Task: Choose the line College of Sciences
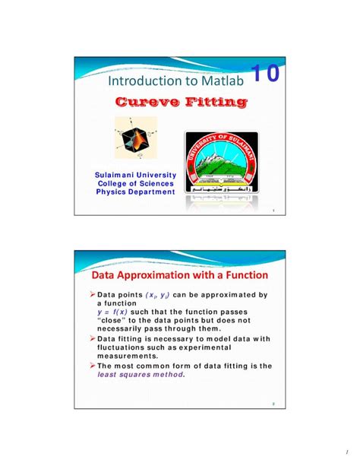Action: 136,184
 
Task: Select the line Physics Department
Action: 136,192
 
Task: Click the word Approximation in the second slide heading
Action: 166,274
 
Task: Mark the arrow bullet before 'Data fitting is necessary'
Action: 90,338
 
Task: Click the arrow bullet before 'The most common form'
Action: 90,366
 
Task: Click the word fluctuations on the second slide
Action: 125,347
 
